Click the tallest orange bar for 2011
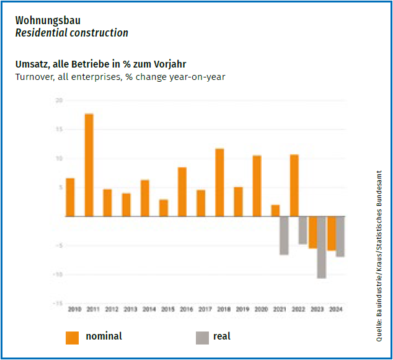coord(89,165)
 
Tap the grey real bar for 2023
coord(321,247)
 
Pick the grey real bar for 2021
coord(284,235)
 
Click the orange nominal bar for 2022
coord(294,185)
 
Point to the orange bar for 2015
coord(164,208)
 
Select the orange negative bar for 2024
coord(332,233)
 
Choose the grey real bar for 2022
coord(302,230)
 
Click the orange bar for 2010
coord(70,197)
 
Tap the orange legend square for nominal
coord(72,337)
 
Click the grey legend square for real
coord(202,337)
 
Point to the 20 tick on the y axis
coord(58,100)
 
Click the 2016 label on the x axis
coord(187,309)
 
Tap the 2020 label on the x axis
coord(261,309)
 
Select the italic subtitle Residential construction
coord(71,33)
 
